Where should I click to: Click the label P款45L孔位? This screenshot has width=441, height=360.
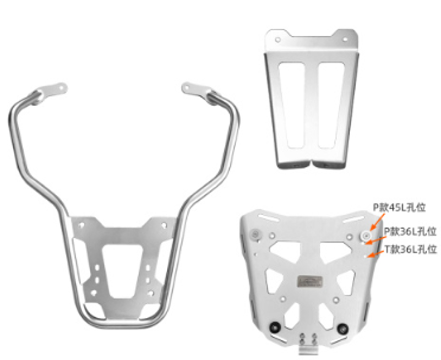coord(399,208)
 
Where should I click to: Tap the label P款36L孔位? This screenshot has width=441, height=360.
coord(410,232)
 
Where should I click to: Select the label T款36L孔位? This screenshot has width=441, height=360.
coord(411,249)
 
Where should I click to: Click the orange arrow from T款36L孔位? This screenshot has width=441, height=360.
coord(375,254)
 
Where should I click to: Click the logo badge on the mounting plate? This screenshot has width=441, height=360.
coord(310,281)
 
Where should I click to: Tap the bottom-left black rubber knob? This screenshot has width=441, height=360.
coord(275,327)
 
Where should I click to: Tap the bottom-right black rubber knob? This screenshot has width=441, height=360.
coord(342,328)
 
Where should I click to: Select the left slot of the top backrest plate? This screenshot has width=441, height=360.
coord(292,105)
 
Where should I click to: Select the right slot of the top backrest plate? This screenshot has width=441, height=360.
coord(331,105)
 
